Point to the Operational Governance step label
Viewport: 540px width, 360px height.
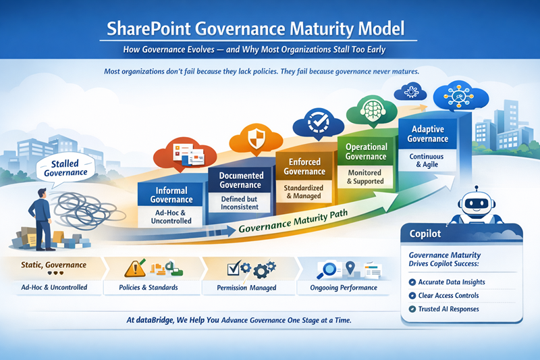367,151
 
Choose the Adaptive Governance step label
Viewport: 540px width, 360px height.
427,134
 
